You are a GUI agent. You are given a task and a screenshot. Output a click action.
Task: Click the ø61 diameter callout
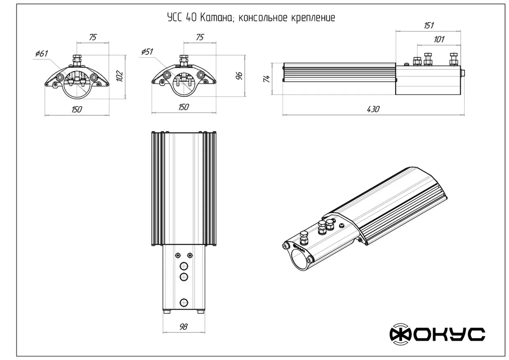point(41,54)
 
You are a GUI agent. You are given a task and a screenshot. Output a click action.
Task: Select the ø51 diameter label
point(147,52)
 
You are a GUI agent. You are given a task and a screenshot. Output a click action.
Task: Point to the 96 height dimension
point(239,76)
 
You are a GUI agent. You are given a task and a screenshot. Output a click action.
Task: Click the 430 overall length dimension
point(373,109)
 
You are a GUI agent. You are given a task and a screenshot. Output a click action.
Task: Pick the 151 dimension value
point(429,25)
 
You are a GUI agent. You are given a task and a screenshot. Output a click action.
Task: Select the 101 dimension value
point(439,39)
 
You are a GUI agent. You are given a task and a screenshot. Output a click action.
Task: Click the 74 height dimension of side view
point(267,78)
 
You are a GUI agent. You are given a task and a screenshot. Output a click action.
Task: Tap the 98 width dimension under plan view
point(183,327)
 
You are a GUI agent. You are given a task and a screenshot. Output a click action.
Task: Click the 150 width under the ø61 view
point(76,110)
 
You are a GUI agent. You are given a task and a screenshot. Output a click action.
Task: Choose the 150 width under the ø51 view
point(183,107)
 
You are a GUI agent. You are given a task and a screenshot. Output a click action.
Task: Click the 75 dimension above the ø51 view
point(200,37)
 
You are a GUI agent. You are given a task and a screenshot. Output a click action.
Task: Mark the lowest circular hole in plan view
point(184,303)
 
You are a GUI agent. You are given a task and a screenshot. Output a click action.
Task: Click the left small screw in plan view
point(178,255)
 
